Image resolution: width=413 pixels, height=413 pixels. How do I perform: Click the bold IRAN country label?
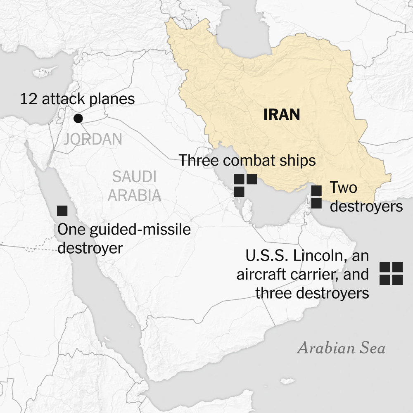282,114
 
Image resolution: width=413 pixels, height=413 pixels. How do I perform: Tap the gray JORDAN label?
93,140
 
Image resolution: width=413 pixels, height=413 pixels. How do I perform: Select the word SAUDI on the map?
134,177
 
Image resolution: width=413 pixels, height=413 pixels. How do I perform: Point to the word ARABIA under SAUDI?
134,195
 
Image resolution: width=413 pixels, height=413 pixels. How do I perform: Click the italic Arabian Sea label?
341,348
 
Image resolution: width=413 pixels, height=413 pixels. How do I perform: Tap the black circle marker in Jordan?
78,119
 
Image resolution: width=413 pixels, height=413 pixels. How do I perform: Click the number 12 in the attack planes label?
28,99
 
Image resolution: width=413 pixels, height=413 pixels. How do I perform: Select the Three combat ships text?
247,160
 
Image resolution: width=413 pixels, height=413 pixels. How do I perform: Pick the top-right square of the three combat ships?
252,179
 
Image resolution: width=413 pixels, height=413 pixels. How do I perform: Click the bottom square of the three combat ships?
239,192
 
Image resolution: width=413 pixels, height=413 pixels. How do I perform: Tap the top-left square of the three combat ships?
239,179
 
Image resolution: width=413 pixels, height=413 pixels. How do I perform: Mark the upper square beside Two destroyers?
316,190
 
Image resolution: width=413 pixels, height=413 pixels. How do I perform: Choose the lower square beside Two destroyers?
316,203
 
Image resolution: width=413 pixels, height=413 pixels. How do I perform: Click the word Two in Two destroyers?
343,188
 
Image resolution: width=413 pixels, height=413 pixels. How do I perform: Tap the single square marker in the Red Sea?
62,210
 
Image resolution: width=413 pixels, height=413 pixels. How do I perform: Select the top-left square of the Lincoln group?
385,267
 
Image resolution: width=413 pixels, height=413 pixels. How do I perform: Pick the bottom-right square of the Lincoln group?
397,280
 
